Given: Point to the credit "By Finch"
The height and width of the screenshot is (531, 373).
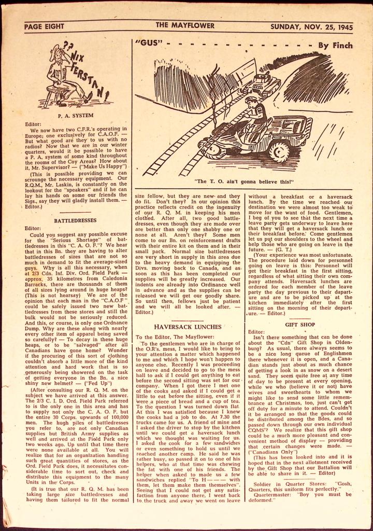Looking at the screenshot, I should [329, 45].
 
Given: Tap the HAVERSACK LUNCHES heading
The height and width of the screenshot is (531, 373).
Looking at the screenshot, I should [188, 327].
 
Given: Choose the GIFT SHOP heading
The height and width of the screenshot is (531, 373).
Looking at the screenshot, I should [296, 325].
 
